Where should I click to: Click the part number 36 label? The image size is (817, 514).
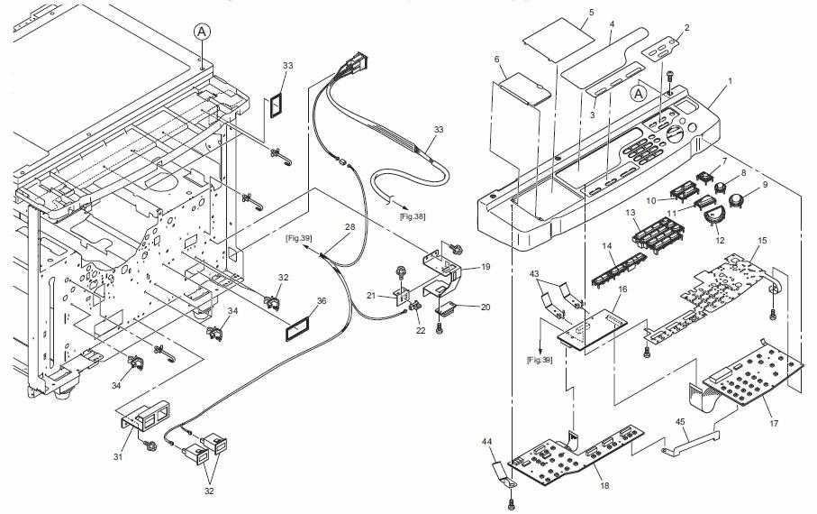[x=322, y=300]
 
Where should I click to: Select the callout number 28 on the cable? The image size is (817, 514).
[x=350, y=227]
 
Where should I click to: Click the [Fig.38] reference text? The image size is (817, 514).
[x=413, y=216]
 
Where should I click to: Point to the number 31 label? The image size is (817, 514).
[x=118, y=456]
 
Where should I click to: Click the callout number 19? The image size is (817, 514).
[x=486, y=267]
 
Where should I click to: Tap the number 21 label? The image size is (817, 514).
[x=371, y=296]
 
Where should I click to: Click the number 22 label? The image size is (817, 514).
[x=421, y=330]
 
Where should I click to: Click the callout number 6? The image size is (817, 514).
[x=497, y=60]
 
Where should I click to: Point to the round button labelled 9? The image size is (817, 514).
[x=735, y=201]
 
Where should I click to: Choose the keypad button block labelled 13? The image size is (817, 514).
[x=658, y=234]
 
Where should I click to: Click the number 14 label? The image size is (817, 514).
[x=606, y=246]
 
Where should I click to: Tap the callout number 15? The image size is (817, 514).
[x=762, y=241]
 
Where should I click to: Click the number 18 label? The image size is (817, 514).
[x=604, y=485]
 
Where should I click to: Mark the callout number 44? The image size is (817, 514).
[x=486, y=442]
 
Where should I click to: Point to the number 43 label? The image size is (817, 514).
[x=534, y=273]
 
